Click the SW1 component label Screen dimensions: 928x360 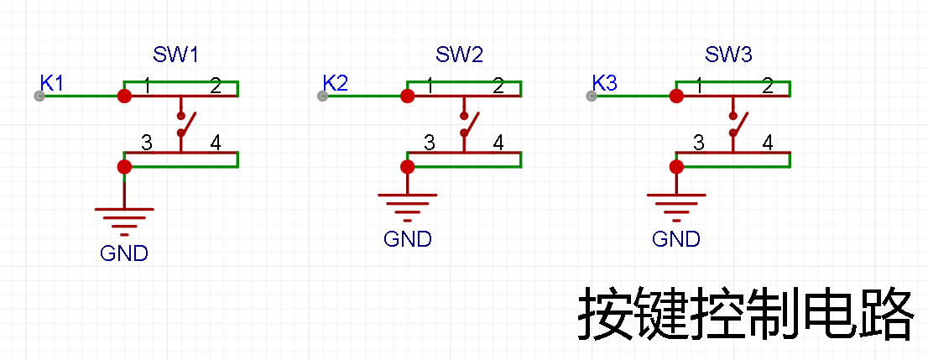175,55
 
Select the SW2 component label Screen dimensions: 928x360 459,55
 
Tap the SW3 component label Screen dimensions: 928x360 728,55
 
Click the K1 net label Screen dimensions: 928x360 51,83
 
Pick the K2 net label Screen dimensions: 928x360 336,83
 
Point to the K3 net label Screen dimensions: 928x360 605,83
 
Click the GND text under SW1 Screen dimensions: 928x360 123,253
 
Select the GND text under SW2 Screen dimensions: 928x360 407,239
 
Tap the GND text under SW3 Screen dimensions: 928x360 676,239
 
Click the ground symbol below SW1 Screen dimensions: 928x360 124,220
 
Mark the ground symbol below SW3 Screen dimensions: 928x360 676,206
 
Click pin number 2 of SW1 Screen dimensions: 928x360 216,87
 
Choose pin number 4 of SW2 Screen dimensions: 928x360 499,143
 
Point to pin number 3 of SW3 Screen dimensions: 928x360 699,143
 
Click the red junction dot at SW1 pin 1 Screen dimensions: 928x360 124,96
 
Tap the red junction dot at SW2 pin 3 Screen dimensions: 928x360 407,166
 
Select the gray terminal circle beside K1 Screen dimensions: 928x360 39,96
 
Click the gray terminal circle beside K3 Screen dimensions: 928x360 592,96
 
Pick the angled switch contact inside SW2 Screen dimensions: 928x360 471,123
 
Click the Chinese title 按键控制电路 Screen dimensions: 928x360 746,313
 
